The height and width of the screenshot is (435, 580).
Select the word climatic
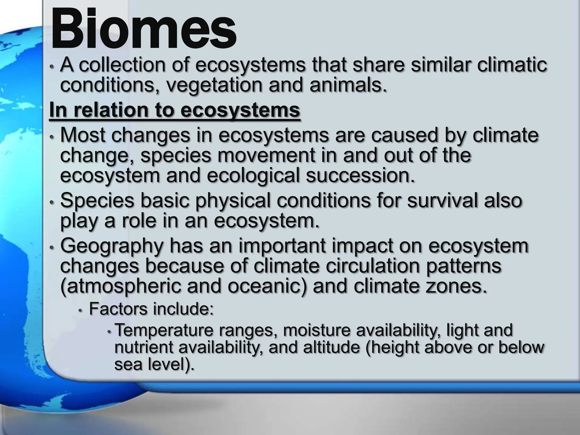pos(512,65)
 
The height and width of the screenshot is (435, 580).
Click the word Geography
pos(112,246)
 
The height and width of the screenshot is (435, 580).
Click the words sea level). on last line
pos(155,365)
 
